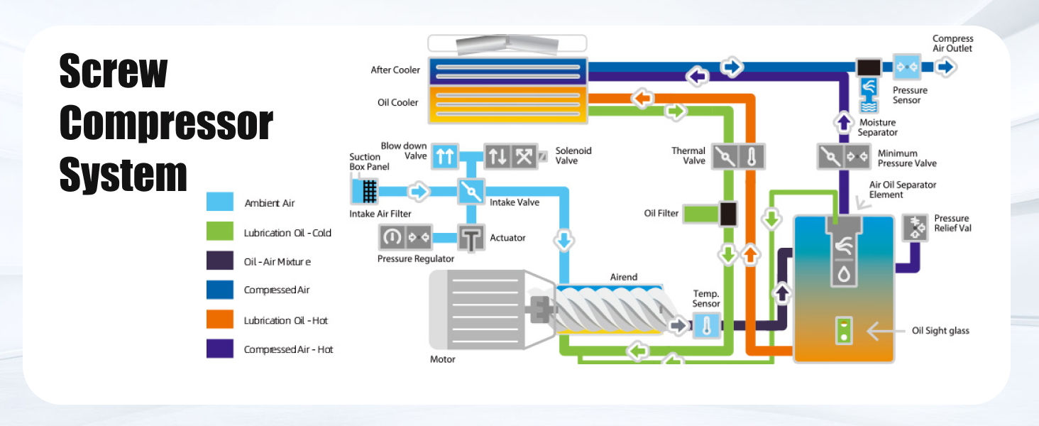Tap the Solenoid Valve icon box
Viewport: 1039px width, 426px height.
point(510,156)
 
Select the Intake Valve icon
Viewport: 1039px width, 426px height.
point(469,192)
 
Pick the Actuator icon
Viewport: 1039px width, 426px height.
point(470,238)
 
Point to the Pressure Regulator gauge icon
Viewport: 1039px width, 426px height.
point(390,237)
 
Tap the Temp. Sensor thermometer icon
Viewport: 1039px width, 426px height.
point(705,326)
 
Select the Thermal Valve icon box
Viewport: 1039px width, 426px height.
point(739,155)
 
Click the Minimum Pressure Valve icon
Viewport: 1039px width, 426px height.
point(844,156)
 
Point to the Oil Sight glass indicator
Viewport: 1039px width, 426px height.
point(843,330)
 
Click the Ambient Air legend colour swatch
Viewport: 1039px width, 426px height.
point(219,202)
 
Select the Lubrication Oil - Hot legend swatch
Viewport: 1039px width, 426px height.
point(219,319)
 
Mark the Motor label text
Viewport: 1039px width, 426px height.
point(442,359)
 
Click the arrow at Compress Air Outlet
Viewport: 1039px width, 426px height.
point(945,67)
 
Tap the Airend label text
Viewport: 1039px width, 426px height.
point(624,277)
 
